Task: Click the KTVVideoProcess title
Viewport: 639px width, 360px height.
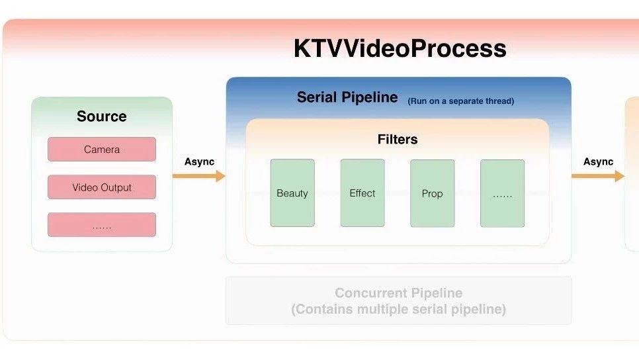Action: pos(400,48)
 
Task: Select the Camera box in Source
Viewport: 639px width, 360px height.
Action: pos(102,149)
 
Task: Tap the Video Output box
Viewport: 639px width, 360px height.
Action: pos(102,187)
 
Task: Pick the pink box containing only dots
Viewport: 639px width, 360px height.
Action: pos(102,224)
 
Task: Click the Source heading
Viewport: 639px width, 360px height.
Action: pos(101,116)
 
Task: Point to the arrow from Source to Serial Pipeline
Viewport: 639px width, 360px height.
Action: pos(199,176)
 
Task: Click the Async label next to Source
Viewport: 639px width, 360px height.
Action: pos(199,162)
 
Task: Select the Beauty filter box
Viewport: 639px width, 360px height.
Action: pos(292,193)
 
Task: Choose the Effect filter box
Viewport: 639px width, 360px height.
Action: pos(362,193)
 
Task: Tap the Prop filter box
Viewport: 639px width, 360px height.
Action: pos(433,193)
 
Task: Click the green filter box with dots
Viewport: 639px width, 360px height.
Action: pos(503,193)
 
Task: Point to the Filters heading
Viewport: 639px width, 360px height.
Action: pos(398,140)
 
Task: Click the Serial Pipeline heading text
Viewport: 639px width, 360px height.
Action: pos(347,97)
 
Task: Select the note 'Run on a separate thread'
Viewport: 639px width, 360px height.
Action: pos(461,101)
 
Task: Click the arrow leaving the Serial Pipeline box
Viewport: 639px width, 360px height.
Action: pos(598,176)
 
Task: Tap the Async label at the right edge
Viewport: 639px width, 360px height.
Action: pos(598,162)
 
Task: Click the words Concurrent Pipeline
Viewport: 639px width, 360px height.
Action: pos(399,292)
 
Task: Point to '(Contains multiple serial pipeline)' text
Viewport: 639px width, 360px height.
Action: pos(399,309)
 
